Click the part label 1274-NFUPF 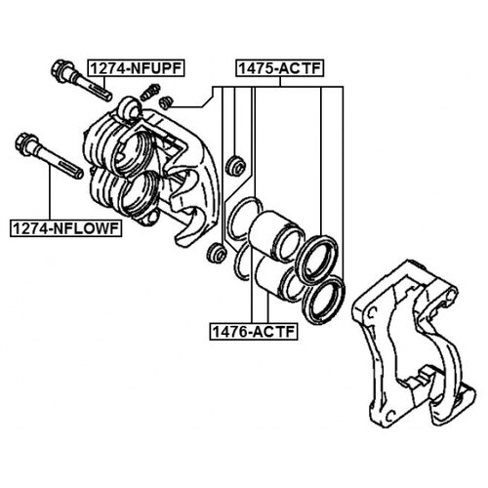click(136, 68)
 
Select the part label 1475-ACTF click(280, 68)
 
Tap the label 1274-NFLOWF click(66, 228)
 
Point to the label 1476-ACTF click(254, 332)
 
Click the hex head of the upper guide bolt click(61, 70)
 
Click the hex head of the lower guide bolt click(24, 144)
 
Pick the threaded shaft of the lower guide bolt click(60, 162)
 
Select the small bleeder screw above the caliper click(149, 93)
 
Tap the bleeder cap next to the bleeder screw click(167, 102)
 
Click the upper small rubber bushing click(236, 164)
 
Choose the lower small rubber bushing click(217, 253)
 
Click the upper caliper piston click(276, 236)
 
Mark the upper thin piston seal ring click(245, 219)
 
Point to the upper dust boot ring click(318, 260)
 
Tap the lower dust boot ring click(323, 300)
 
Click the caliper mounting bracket click(413, 345)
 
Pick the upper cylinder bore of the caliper click(134, 153)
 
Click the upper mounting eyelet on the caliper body click(130, 107)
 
